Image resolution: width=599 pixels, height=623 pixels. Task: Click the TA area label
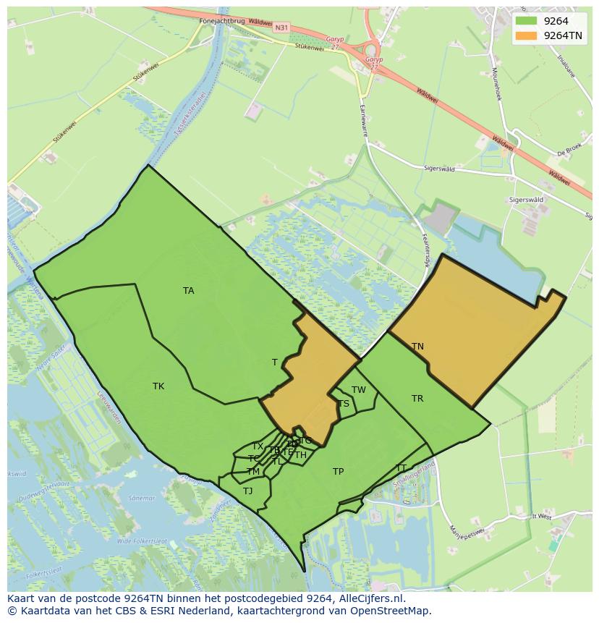click(189, 291)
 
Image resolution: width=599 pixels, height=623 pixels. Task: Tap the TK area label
click(158, 386)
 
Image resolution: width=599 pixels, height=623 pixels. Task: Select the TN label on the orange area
click(417, 347)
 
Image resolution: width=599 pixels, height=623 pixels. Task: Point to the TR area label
click(417, 399)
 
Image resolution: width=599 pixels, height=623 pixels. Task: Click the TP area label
click(338, 472)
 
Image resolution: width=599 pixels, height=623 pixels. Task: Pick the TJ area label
click(248, 491)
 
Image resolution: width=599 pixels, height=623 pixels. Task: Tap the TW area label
click(359, 390)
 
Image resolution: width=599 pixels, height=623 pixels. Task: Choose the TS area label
click(344, 404)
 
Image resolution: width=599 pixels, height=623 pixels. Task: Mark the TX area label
click(258, 446)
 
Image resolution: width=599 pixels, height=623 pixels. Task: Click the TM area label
click(253, 472)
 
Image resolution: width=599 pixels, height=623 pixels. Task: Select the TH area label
click(300, 455)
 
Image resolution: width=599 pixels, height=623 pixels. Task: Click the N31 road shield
click(281, 27)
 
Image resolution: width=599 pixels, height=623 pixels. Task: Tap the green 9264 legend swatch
click(526, 21)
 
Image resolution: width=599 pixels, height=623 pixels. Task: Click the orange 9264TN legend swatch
click(526, 35)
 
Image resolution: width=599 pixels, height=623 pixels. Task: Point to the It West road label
click(541, 517)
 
